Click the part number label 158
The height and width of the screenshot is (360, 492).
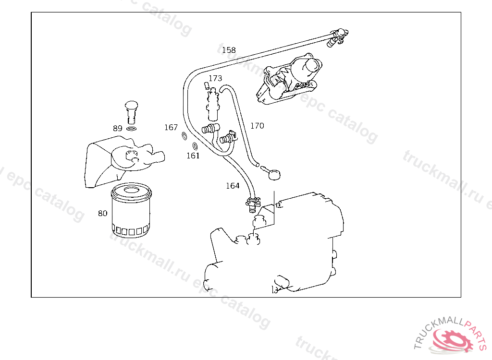point(229,50)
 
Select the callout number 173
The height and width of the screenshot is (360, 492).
point(215,78)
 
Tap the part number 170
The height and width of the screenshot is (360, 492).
point(257,126)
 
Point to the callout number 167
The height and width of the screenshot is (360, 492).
point(171,128)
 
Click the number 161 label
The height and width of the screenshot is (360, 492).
point(193,156)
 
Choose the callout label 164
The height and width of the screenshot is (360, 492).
point(233,186)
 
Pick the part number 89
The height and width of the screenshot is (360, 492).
point(118,128)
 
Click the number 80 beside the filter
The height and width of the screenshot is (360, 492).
point(103,213)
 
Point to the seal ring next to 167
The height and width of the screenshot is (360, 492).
point(184,137)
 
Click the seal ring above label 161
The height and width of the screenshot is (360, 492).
point(195,146)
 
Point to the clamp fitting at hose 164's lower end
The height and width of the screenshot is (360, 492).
point(252,204)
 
